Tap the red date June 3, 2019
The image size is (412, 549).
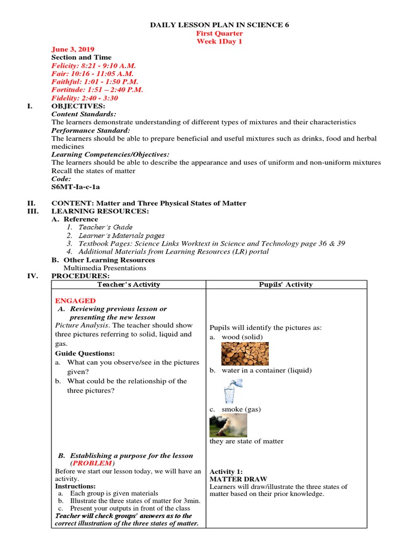72,49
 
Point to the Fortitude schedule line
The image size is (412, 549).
97,90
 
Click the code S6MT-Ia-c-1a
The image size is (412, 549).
76,187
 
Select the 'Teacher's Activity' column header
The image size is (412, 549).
128,285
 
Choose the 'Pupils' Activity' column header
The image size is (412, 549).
286,285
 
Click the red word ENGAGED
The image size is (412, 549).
76,301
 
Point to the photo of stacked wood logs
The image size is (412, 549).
245,354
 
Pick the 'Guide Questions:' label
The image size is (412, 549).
85,353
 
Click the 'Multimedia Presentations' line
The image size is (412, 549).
105,268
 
